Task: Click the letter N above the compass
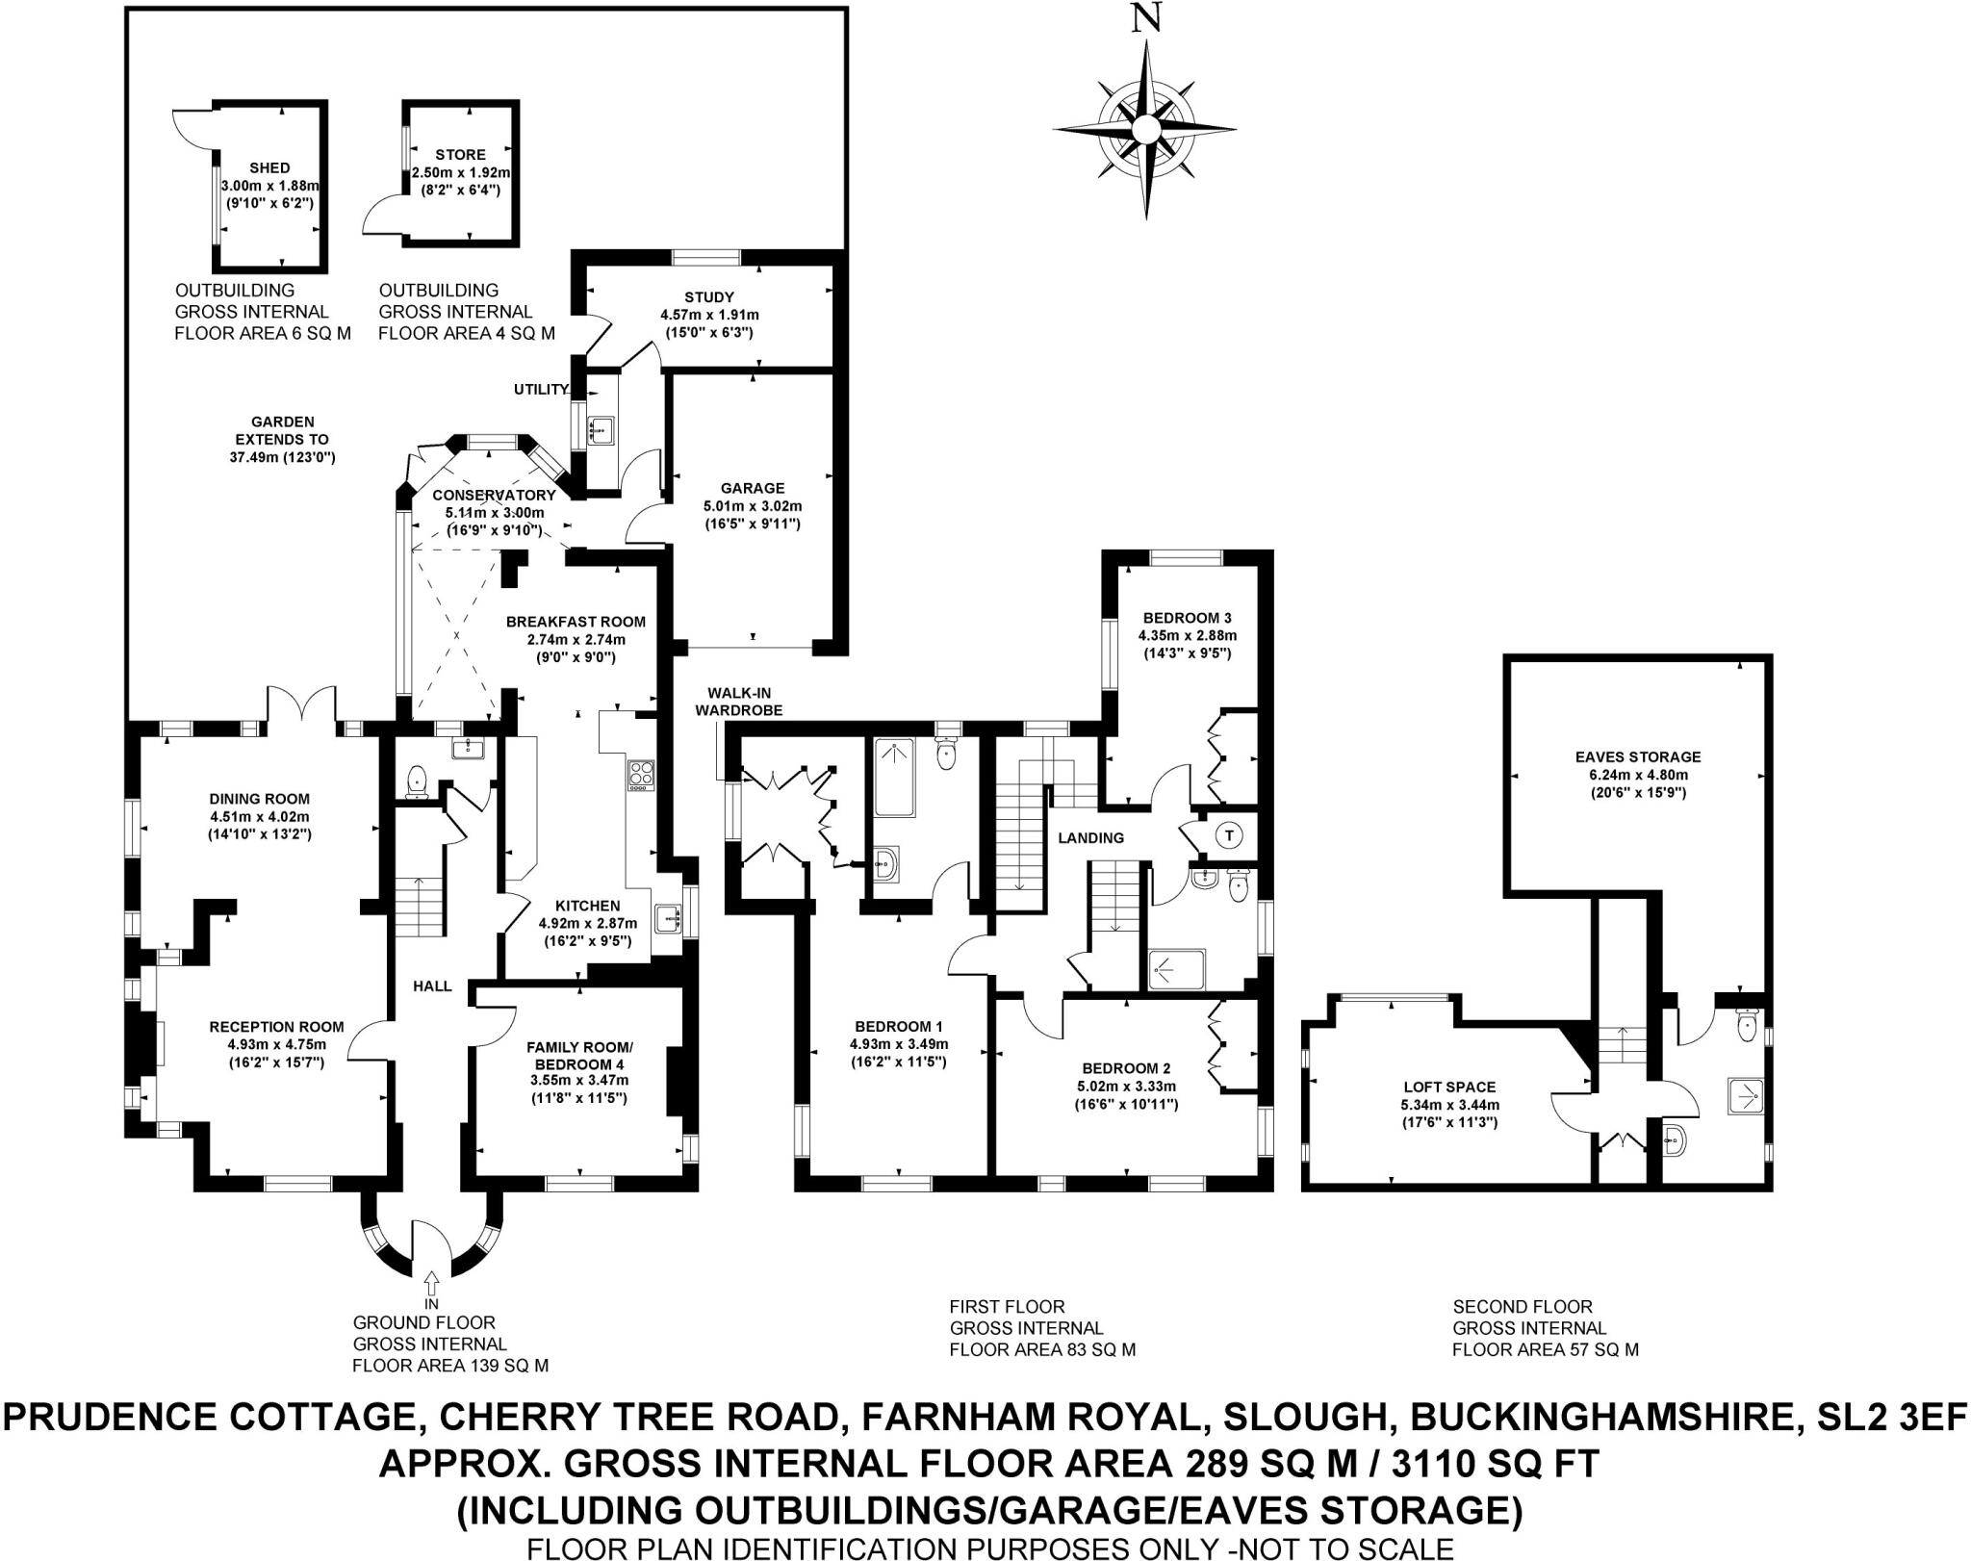coord(1145,20)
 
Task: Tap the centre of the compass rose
coord(1145,129)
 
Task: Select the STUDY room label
coord(710,297)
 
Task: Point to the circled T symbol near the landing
coord(1229,835)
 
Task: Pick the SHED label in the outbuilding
coord(269,168)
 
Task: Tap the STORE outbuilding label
coord(461,155)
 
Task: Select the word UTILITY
coord(541,390)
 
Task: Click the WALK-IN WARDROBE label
coord(745,702)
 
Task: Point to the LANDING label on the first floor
coord(1091,838)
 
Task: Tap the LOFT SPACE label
coord(1449,1088)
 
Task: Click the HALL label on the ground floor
coord(432,986)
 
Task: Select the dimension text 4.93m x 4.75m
coord(277,1045)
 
